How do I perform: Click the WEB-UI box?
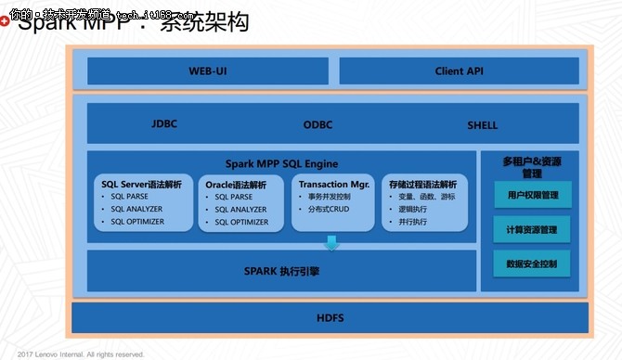tap(207, 71)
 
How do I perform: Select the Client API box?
tap(460, 71)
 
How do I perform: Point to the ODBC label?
tap(317, 124)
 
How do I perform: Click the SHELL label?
tap(482, 124)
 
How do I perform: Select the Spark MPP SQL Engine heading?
tap(281, 164)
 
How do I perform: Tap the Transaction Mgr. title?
tap(332, 185)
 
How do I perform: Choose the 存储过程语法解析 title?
tap(423, 185)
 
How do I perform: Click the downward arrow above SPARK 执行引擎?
tap(331, 243)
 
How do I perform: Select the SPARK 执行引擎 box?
tap(281, 271)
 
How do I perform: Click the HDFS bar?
tap(330, 318)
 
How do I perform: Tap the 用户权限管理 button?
tap(533, 195)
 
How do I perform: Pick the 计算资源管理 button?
tap(533, 229)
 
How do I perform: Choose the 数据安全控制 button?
tap(533, 264)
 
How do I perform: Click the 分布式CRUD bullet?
tap(329, 210)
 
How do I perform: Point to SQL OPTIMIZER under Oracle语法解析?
tap(241, 222)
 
